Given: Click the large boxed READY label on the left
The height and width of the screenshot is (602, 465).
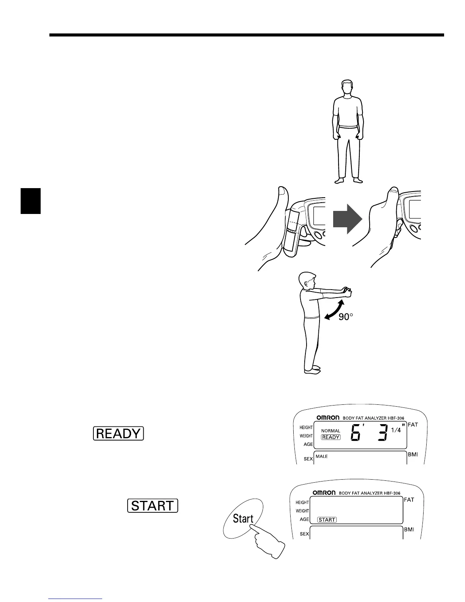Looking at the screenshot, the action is pos(118,433).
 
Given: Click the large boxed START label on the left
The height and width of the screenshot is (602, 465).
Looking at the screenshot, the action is pos(153,506).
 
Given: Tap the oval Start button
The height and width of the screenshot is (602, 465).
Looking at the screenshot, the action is pos(243,518).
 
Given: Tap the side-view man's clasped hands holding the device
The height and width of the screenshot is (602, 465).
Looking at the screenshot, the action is pos(347,292).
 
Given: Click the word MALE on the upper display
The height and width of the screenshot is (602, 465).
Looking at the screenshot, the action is pos(321,456).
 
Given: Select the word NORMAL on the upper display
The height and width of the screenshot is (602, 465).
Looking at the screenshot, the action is pos(331,431).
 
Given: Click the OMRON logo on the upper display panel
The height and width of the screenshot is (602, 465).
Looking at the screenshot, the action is pos(328,418).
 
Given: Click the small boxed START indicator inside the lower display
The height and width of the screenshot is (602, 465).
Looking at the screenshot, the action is pos(327,520).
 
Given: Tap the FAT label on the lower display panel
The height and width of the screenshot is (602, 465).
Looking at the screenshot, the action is pos(409,500).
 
